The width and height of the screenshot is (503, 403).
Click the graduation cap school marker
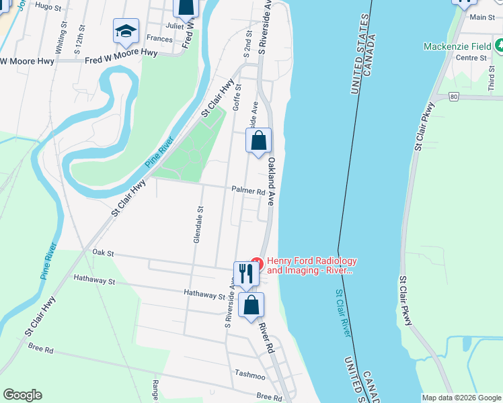[x=126, y=32]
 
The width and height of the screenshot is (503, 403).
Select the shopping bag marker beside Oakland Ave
[x=259, y=142]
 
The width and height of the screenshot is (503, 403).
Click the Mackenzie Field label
[x=457, y=46]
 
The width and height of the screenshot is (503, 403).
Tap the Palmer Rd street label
[x=248, y=191]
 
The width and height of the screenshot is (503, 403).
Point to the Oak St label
[x=104, y=254]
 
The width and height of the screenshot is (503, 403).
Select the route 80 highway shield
[x=455, y=97]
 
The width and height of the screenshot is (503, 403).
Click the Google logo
[x=22, y=395]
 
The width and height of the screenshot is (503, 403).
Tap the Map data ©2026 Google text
[x=461, y=398]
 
